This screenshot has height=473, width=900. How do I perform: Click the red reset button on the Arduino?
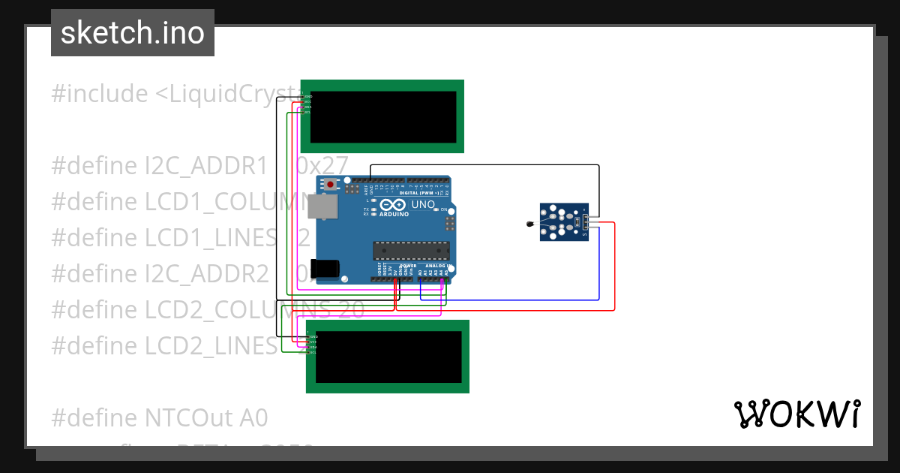pyautogui.click(x=329, y=184)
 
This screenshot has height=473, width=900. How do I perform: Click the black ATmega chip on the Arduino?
pyautogui.click(x=411, y=250)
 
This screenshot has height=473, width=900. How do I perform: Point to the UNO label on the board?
pyautogui.click(x=424, y=204)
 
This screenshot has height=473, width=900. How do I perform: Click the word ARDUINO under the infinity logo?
pyautogui.click(x=394, y=214)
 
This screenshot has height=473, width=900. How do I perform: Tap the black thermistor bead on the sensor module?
pyautogui.click(x=529, y=224)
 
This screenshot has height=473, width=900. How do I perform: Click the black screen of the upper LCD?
pyautogui.click(x=382, y=116)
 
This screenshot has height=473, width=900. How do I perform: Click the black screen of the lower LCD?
pyautogui.click(x=388, y=357)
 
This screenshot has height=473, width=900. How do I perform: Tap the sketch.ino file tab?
pyautogui.click(x=133, y=33)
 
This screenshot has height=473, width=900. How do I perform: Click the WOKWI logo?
pyautogui.click(x=796, y=414)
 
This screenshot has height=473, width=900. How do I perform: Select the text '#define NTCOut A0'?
pyautogui.click(x=159, y=417)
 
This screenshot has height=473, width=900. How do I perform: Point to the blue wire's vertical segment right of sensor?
pyautogui.click(x=598, y=263)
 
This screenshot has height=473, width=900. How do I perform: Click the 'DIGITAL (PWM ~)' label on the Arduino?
pyautogui.click(x=419, y=193)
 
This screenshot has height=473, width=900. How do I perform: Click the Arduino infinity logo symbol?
pyautogui.click(x=393, y=204)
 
